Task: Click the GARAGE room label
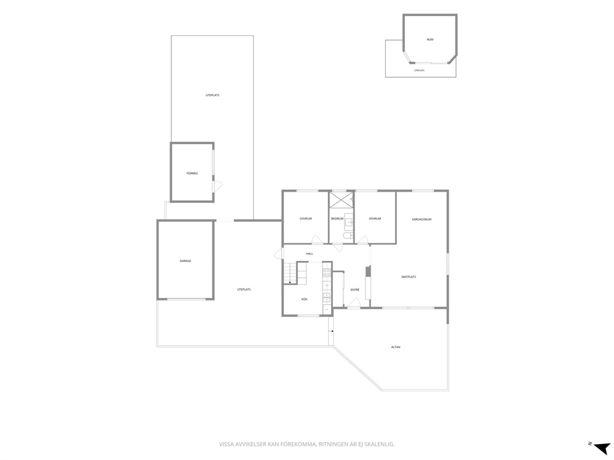(185, 261)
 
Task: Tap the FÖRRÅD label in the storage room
(192, 173)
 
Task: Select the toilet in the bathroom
(348, 236)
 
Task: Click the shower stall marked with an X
(340, 200)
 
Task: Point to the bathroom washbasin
(348, 222)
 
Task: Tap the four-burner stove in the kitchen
(327, 273)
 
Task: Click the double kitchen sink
(327, 297)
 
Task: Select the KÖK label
(305, 299)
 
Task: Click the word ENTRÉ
(355, 290)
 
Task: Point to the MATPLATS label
(409, 277)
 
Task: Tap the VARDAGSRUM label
(422, 219)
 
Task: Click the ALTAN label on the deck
(396, 347)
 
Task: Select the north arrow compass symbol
(600, 447)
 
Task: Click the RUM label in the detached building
(430, 40)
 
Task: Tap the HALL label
(309, 254)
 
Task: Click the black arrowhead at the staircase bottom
(290, 282)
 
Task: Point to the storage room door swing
(217, 186)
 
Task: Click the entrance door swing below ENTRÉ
(355, 303)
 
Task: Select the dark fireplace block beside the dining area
(367, 271)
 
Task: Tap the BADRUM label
(337, 219)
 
